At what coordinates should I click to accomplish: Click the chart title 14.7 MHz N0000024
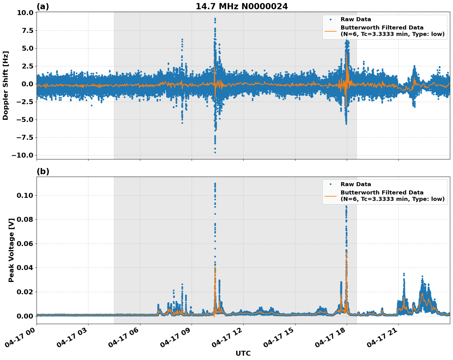[242, 6]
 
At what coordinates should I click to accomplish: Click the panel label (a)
[43, 6]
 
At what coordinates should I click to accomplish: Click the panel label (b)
[43, 171]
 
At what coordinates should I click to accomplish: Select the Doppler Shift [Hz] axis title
[6, 85]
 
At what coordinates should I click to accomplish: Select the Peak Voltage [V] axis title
[11, 257]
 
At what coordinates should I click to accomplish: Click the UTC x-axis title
[243, 353]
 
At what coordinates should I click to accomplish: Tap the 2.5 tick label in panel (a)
[27, 66]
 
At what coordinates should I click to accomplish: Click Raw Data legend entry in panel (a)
[356, 19]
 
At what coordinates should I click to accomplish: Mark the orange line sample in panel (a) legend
[330, 31]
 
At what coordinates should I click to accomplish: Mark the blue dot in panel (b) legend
[330, 184]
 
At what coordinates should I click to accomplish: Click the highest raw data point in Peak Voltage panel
[215, 183]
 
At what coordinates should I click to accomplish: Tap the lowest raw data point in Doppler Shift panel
[215, 152]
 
